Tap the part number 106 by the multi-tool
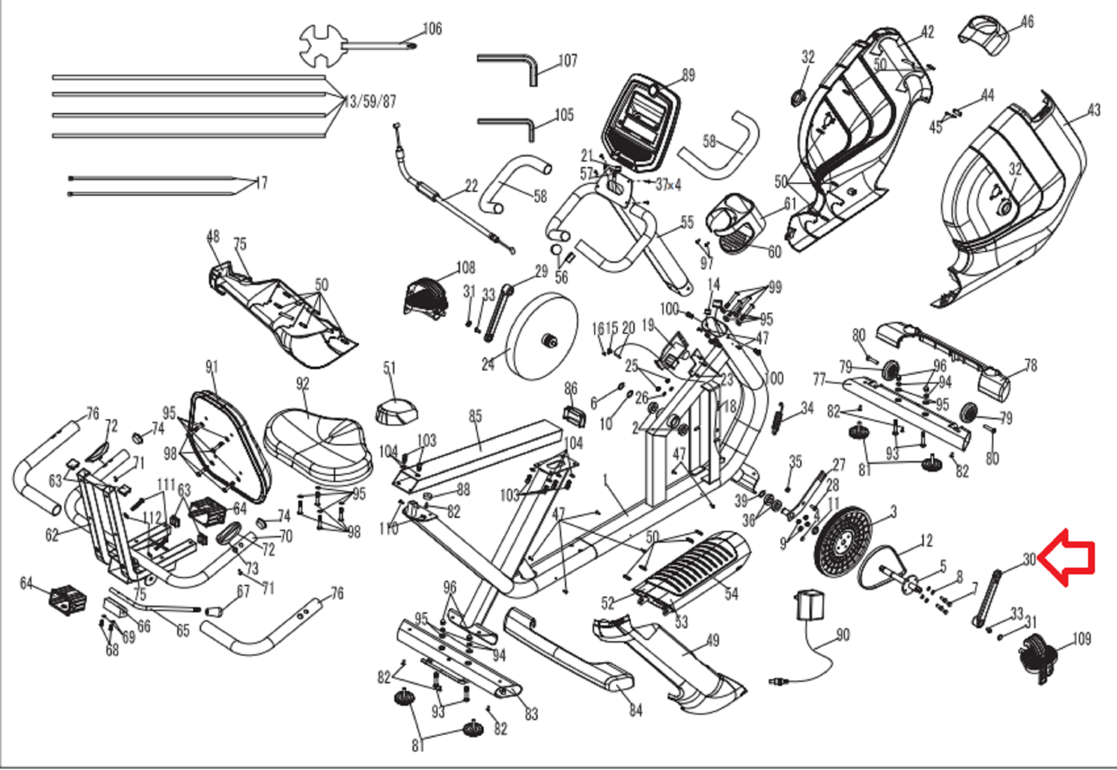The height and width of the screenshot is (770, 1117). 432,28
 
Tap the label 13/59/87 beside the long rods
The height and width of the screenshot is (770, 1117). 370,101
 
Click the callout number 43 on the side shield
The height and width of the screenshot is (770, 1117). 1094,110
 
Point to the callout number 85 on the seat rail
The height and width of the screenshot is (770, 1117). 475,416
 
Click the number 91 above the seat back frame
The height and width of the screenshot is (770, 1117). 212,367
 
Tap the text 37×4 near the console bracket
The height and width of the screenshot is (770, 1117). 668,185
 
